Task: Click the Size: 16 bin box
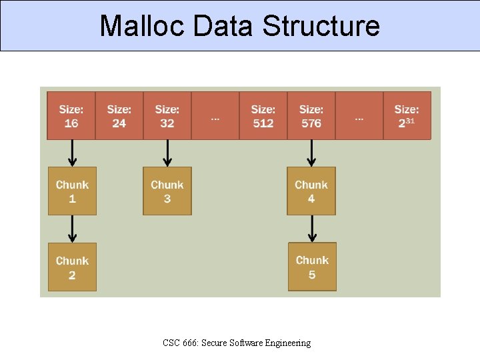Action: click(71, 115)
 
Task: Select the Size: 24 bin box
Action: click(119, 115)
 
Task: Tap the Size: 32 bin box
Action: click(167, 115)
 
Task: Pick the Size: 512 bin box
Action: click(263, 115)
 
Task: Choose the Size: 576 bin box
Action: click(311, 115)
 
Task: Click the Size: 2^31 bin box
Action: click(407, 115)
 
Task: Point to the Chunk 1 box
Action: click(72, 191)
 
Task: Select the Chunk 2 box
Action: click(72, 267)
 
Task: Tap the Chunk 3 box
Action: click(167, 191)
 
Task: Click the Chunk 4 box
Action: click(311, 191)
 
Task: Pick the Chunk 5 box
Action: click(312, 267)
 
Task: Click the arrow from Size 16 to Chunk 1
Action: click(73, 153)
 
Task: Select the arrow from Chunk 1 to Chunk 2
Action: click(73, 229)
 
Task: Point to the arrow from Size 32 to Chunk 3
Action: click(167, 153)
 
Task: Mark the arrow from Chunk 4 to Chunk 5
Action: click(311, 229)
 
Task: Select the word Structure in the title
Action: click(321, 26)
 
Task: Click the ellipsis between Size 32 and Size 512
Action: click(215, 118)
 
